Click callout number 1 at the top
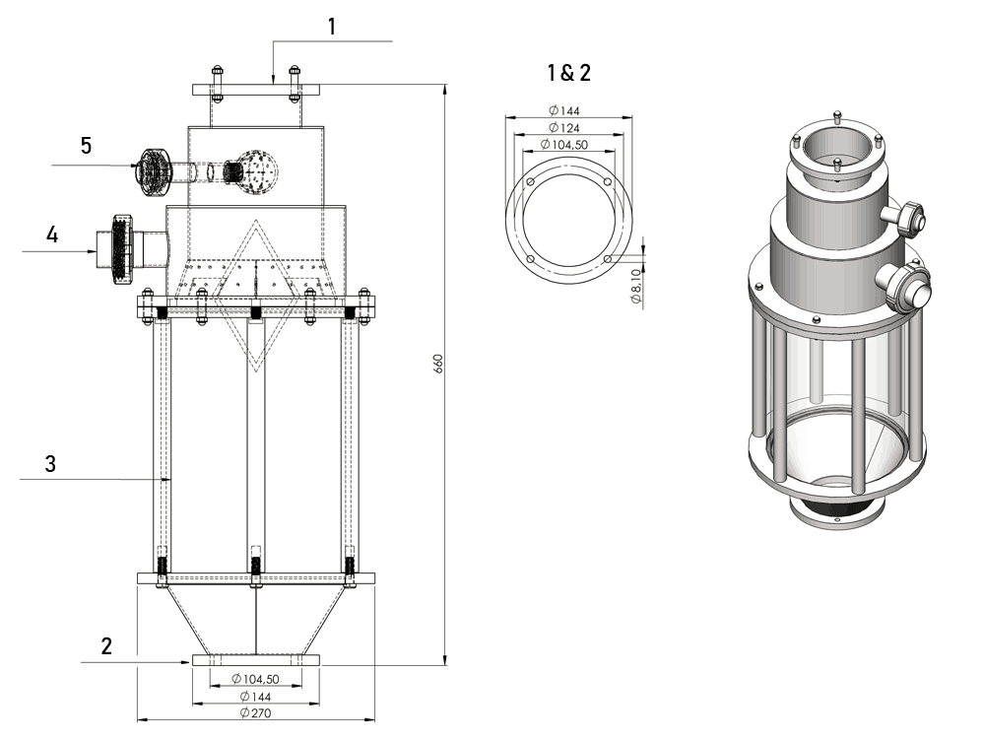click(332, 27)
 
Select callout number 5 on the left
click(87, 146)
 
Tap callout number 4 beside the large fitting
click(52, 235)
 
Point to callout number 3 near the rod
click(50, 464)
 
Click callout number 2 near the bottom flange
click(106, 646)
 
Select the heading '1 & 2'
click(569, 72)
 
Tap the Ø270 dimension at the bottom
click(257, 712)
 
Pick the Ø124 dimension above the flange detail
click(566, 127)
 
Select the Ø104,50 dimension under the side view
click(255, 679)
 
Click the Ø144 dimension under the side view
click(255, 696)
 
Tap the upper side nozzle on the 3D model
click(907, 217)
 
